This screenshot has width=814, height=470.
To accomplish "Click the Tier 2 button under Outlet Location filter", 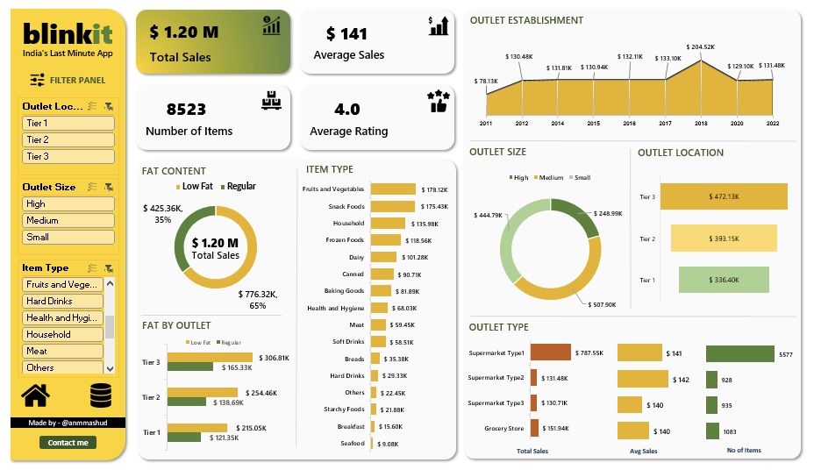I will coord(68,139).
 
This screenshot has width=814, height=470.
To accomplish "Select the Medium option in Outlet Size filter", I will coord(68,220).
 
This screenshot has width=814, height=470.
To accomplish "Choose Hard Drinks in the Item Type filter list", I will coord(62,301).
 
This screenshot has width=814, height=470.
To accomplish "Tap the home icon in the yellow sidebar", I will coord(35,395).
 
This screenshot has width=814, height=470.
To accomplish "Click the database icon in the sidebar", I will coord(102,395).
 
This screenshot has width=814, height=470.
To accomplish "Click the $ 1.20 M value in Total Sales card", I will coord(183,32).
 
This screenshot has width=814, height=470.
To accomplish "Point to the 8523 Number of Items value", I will coord(186,110).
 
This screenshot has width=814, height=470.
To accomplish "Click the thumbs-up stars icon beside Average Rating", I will coord(438,101).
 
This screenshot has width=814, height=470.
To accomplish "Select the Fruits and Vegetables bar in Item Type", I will coord(393,189).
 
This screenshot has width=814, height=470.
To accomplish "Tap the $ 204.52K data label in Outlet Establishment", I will coord(702,47).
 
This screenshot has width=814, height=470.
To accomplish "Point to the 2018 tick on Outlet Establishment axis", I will coord(701,124).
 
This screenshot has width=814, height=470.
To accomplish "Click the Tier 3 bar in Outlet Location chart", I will coord(724,196).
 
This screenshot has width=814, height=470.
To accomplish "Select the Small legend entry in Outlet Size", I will coord(581,177).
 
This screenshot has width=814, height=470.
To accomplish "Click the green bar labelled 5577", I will coord(739,353).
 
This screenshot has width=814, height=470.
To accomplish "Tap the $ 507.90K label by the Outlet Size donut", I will coord(604,305).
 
